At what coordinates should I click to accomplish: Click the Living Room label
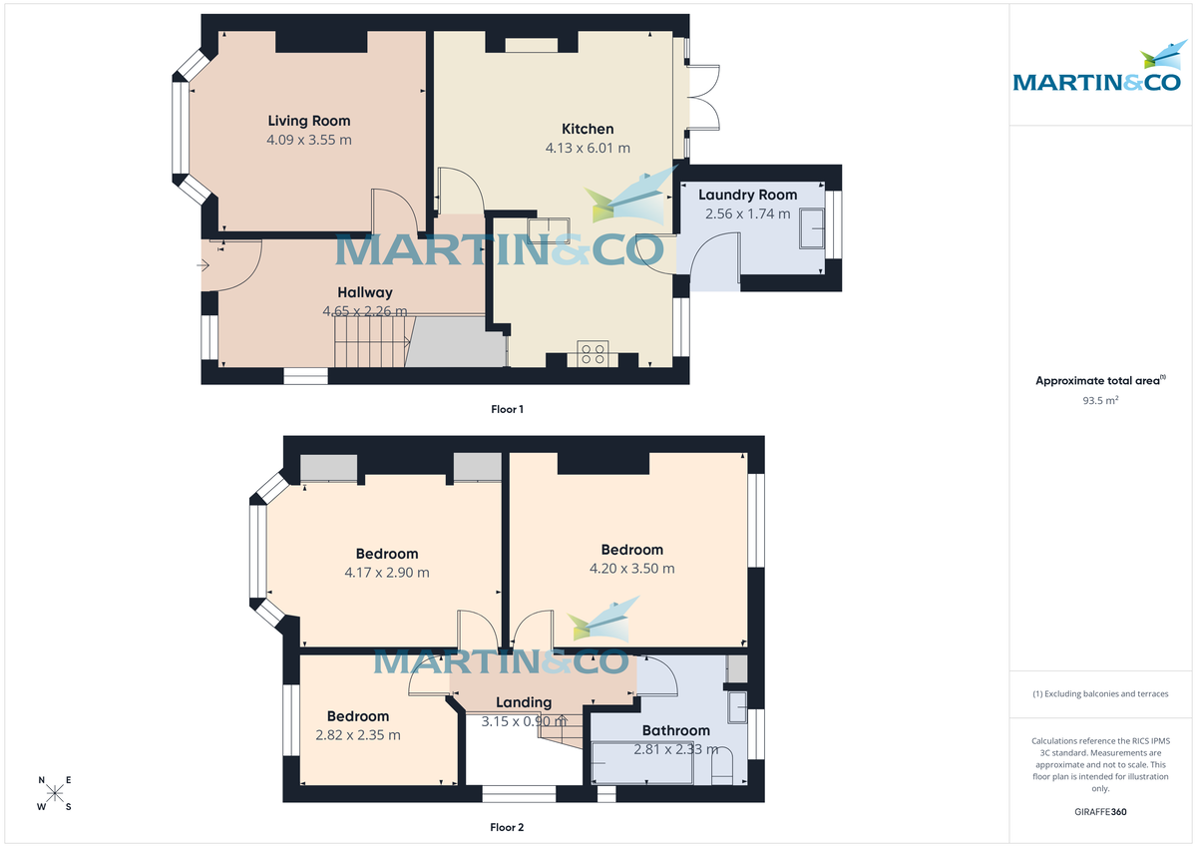[x=309, y=121]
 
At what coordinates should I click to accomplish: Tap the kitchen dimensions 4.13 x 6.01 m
[x=588, y=148]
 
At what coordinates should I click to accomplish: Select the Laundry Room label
[x=747, y=195]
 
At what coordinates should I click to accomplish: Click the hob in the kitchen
[x=594, y=354]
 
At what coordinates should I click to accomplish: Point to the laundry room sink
[x=814, y=227]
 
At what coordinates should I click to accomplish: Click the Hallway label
[x=364, y=292]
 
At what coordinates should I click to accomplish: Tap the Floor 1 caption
[x=507, y=409]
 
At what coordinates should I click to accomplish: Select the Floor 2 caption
[x=507, y=827]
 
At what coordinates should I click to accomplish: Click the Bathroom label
[x=675, y=730]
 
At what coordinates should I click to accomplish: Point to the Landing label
[x=524, y=702]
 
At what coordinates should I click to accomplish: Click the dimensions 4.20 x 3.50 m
[x=631, y=569]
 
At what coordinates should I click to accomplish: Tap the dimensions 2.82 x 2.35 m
[x=358, y=735]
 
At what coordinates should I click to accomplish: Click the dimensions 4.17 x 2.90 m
[x=387, y=573]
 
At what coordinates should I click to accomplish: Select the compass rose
[x=55, y=793]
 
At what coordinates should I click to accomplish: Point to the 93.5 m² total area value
[x=1100, y=400]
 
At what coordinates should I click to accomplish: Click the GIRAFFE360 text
[x=1100, y=812]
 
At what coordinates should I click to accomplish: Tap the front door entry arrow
[x=203, y=265]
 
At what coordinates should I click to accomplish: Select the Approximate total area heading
[x=1099, y=380]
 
